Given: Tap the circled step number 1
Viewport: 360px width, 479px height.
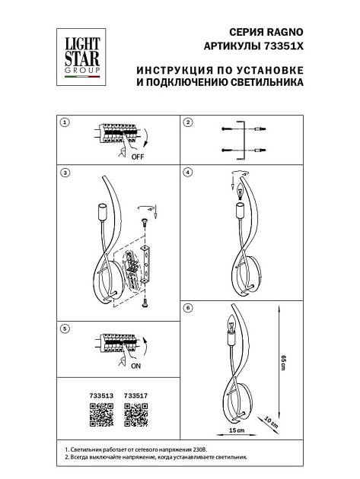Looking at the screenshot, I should pyautogui.click(x=65, y=122).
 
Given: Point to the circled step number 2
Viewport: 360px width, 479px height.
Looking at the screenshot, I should pyautogui.click(x=189, y=122).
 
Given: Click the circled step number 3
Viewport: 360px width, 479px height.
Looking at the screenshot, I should pyautogui.click(x=65, y=173).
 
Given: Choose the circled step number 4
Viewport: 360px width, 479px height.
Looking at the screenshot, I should pyautogui.click(x=189, y=173).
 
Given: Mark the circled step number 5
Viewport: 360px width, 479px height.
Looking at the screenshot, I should pyautogui.click(x=65, y=328).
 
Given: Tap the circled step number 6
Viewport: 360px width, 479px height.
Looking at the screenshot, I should pyautogui.click(x=189, y=308).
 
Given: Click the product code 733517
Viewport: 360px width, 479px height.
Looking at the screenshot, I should pyautogui.click(x=135, y=395).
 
